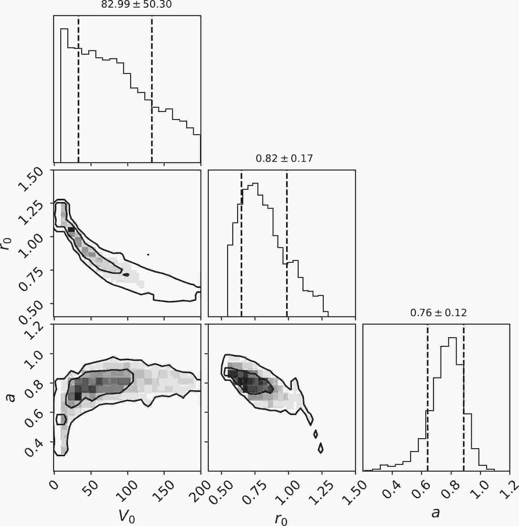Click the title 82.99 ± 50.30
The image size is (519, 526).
(x=136, y=5)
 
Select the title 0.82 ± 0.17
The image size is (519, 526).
(x=284, y=158)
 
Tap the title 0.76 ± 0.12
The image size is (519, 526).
(x=438, y=313)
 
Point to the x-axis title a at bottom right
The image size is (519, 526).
(x=436, y=512)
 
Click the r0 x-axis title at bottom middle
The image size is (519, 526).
(x=281, y=518)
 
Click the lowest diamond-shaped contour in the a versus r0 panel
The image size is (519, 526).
(x=321, y=448)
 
